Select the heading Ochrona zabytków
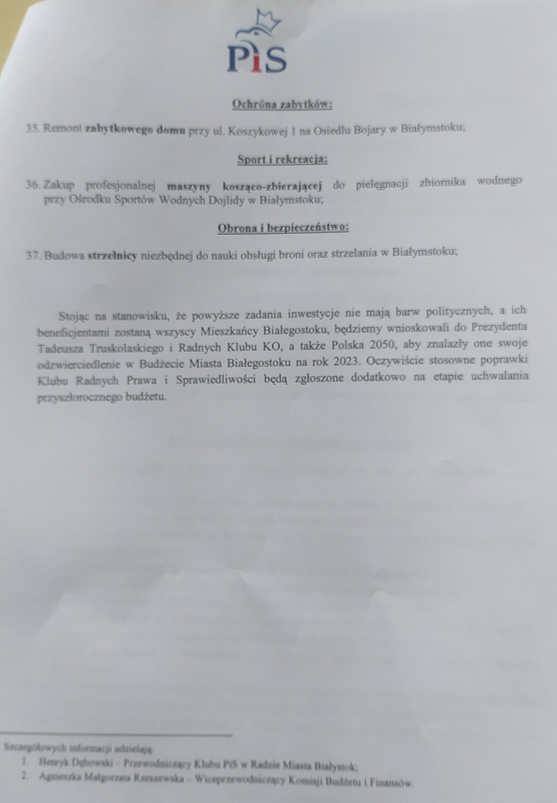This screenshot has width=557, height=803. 282,104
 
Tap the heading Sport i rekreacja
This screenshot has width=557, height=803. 282,160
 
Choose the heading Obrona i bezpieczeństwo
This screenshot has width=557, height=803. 283,228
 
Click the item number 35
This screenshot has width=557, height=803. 32,128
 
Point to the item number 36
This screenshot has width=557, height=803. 33,185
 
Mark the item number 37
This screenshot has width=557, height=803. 33,255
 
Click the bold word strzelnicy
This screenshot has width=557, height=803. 112,255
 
